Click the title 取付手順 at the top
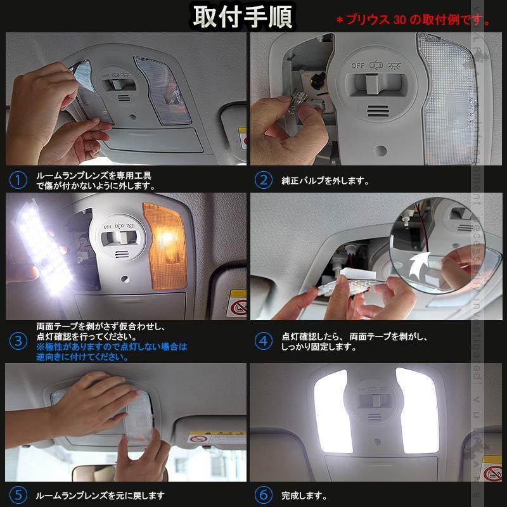click(x=243, y=16)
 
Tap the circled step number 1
click(x=19, y=180)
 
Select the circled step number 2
click(x=263, y=180)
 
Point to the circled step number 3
click(x=19, y=341)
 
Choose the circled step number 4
click(x=263, y=341)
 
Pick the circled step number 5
click(x=19, y=495)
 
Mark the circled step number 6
click(x=263, y=495)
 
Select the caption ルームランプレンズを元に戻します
click(x=100, y=495)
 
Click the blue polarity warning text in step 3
click(x=112, y=352)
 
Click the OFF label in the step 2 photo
click(x=358, y=65)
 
